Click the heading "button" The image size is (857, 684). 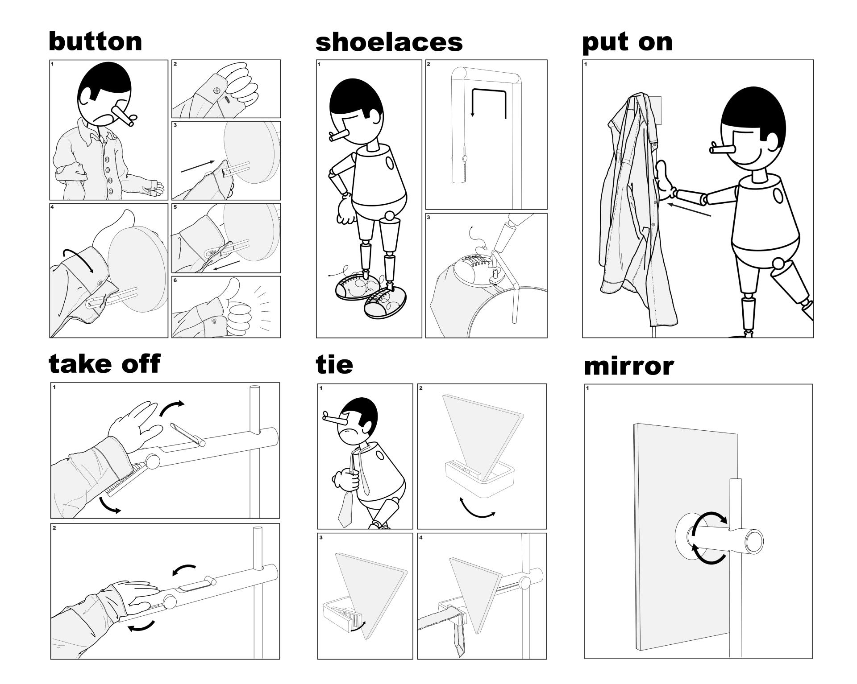coord(96,41)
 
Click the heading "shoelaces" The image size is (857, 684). coord(389,42)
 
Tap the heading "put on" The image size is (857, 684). coord(627,42)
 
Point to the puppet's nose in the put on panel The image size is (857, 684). coord(724,148)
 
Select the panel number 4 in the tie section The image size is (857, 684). coord(420,537)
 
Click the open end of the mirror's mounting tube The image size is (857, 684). coord(753,540)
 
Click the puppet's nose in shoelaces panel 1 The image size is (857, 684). coord(340,135)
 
